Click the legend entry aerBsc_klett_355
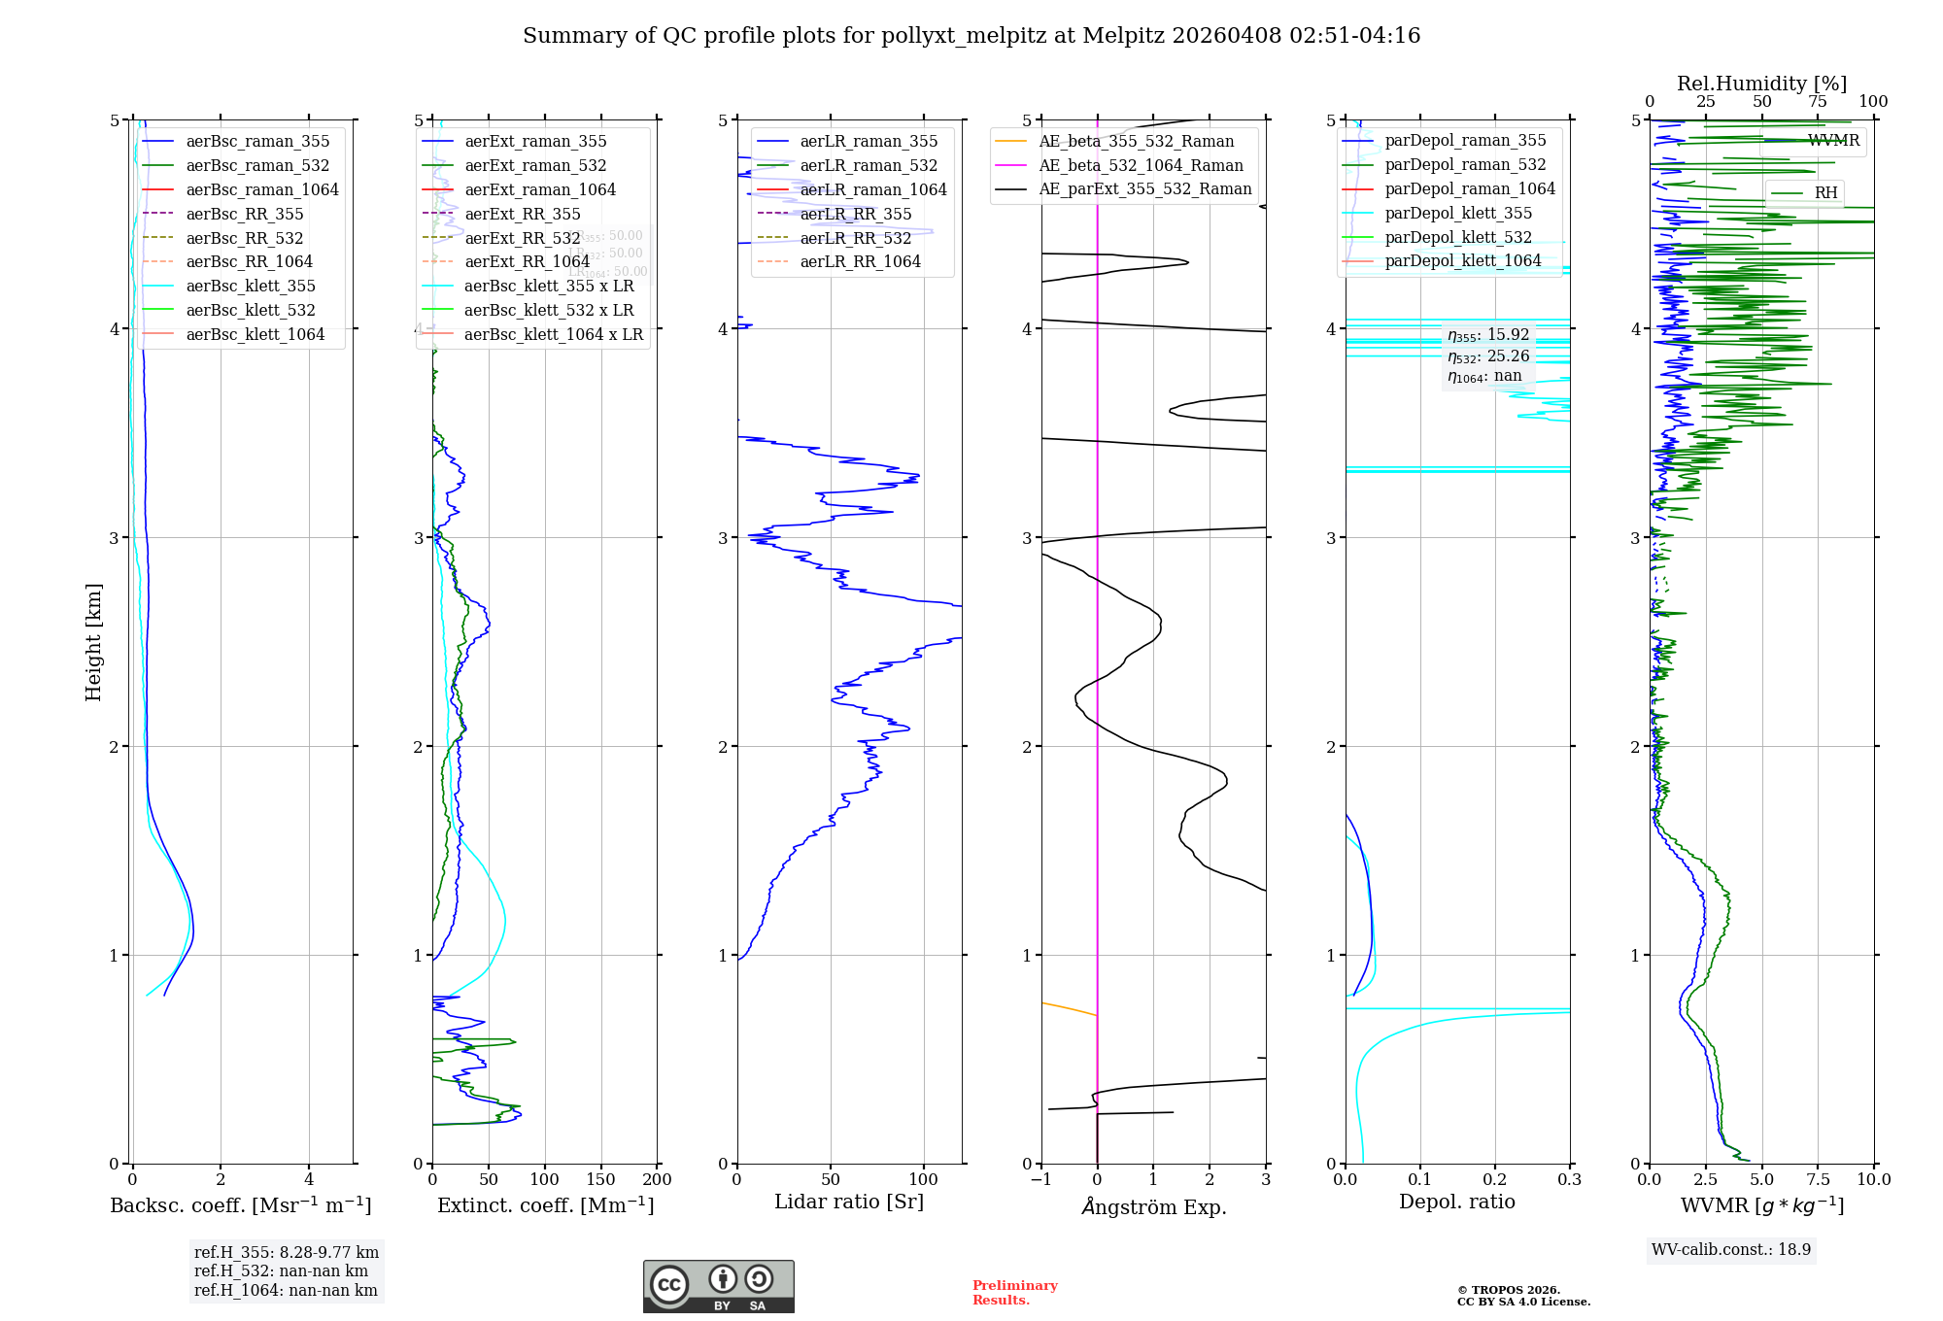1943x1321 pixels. pyautogui.click(x=251, y=286)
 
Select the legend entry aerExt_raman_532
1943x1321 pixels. pyautogui.click(x=535, y=165)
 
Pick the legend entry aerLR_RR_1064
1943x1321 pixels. pyautogui.click(x=860, y=261)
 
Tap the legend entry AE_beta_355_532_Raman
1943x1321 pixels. pyautogui.click(x=1136, y=141)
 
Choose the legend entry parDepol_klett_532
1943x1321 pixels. pyautogui.click(x=1457, y=237)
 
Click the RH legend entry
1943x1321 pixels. pyautogui.click(x=1825, y=192)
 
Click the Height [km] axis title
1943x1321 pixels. pyautogui.click(x=93, y=641)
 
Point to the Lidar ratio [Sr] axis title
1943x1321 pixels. pyautogui.click(x=848, y=1202)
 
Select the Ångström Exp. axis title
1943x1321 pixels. pyautogui.click(x=1153, y=1206)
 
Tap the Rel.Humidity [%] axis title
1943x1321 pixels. pyautogui.click(x=1761, y=84)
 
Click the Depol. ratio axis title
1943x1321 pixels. pyautogui.click(x=1456, y=1202)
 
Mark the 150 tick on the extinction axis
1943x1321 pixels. pyautogui.click(x=600, y=1179)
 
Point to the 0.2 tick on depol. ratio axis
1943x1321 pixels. pyautogui.click(x=1494, y=1179)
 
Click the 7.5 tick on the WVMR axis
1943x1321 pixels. pyautogui.click(x=1818, y=1179)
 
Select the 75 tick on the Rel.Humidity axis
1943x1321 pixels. pyautogui.click(x=1817, y=101)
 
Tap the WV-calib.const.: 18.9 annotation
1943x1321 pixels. pyautogui.click(x=1730, y=1249)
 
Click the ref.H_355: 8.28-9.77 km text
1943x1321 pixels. pyautogui.click(x=286, y=1252)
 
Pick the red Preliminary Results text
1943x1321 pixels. pyautogui.click(x=1014, y=1292)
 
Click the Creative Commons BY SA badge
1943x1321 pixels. pyautogui.click(x=718, y=1286)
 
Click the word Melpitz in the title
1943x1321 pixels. pyautogui.click(x=1123, y=36)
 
